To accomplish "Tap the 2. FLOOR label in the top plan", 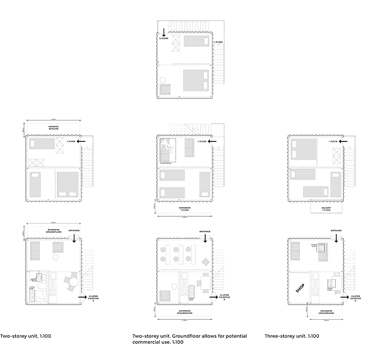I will pyautogui.click(x=164, y=39).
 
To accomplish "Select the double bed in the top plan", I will pyautogui.click(x=196, y=80).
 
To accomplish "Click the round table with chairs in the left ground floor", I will pyautogui.click(x=72, y=281).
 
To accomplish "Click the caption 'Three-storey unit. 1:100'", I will pyautogui.click(x=292, y=336).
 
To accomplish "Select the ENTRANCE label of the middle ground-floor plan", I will pyautogui.click(x=205, y=231).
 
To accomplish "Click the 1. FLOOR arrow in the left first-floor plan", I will pyautogui.click(x=82, y=141).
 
